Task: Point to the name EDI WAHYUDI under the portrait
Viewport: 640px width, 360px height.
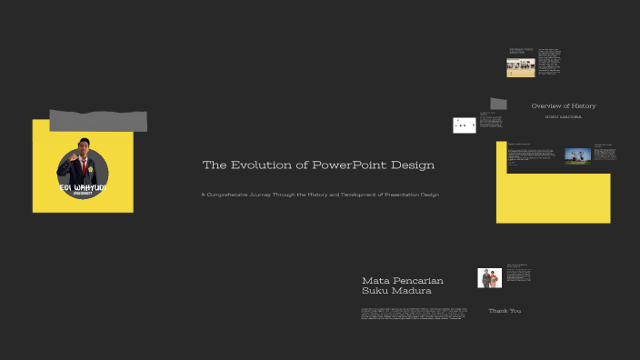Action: tap(83, 188)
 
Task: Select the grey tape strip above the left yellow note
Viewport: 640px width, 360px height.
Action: tap(98, 120)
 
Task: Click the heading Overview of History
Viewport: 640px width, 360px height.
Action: tap(564, 106)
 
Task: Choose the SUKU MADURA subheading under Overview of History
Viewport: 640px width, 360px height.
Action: tap(564, 117)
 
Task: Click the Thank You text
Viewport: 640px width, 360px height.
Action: tap(505, 311)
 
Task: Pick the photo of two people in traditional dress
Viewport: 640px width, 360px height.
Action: tap(489, 278)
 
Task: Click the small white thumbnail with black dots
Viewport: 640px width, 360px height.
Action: tap(464, 125)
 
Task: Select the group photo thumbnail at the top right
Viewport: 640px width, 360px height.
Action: tap(520, 67)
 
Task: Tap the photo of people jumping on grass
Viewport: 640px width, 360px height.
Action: tap(577, 155)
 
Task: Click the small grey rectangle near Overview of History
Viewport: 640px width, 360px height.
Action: tap(498, 104)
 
